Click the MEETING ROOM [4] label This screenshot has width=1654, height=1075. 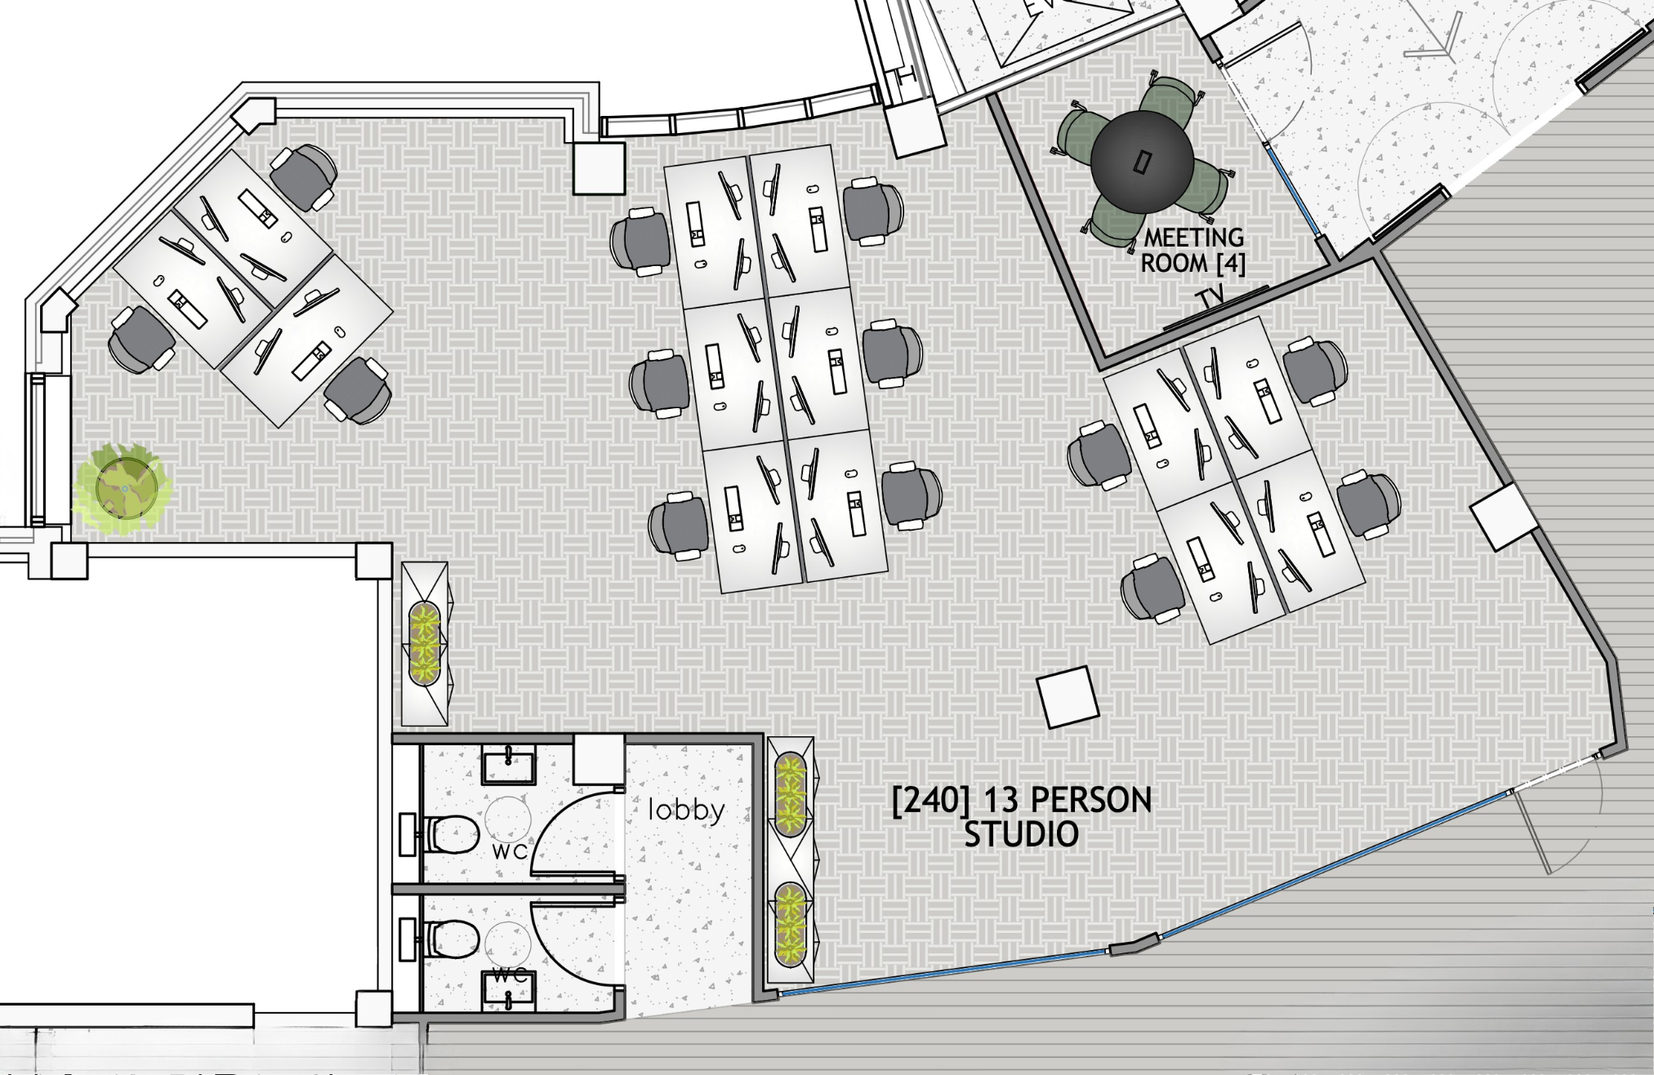(1193, 251)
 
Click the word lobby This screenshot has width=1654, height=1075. (686, 810)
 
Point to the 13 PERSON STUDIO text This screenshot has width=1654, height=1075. (1021, 817)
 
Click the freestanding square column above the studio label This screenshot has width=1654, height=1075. (1067, 696)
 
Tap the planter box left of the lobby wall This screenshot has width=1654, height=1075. (425, 643)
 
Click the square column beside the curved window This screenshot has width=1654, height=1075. (599, 167)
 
